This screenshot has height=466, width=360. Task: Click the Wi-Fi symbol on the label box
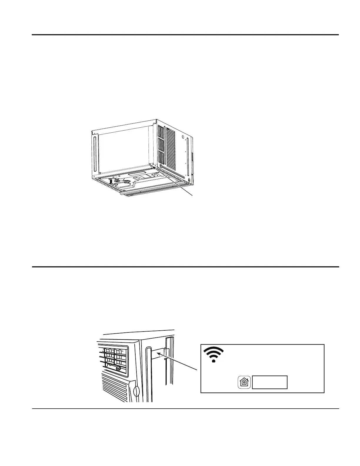[x=214, y=355]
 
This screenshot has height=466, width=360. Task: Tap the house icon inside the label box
[x=244, y=382]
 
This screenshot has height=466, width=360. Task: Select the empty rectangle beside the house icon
[x=270, y=382]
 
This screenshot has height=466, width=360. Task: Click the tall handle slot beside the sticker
[x=148, y=374]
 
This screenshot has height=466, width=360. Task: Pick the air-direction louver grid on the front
[x=113, y=357]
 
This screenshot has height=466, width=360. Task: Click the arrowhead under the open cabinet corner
[x=154, y=167]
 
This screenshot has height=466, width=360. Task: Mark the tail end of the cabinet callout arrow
[x=193, y=195]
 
